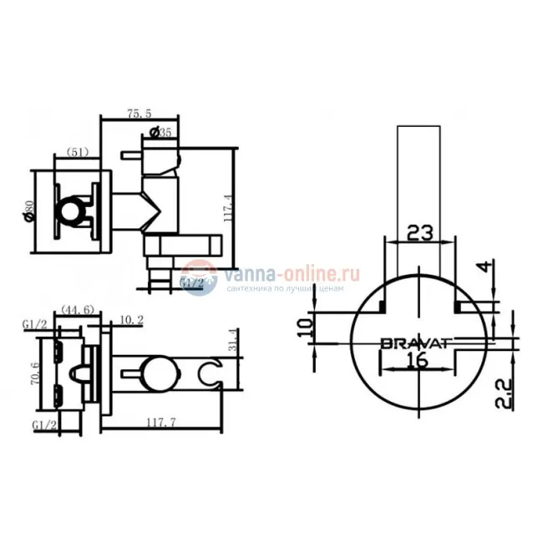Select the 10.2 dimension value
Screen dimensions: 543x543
pos(130,319)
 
